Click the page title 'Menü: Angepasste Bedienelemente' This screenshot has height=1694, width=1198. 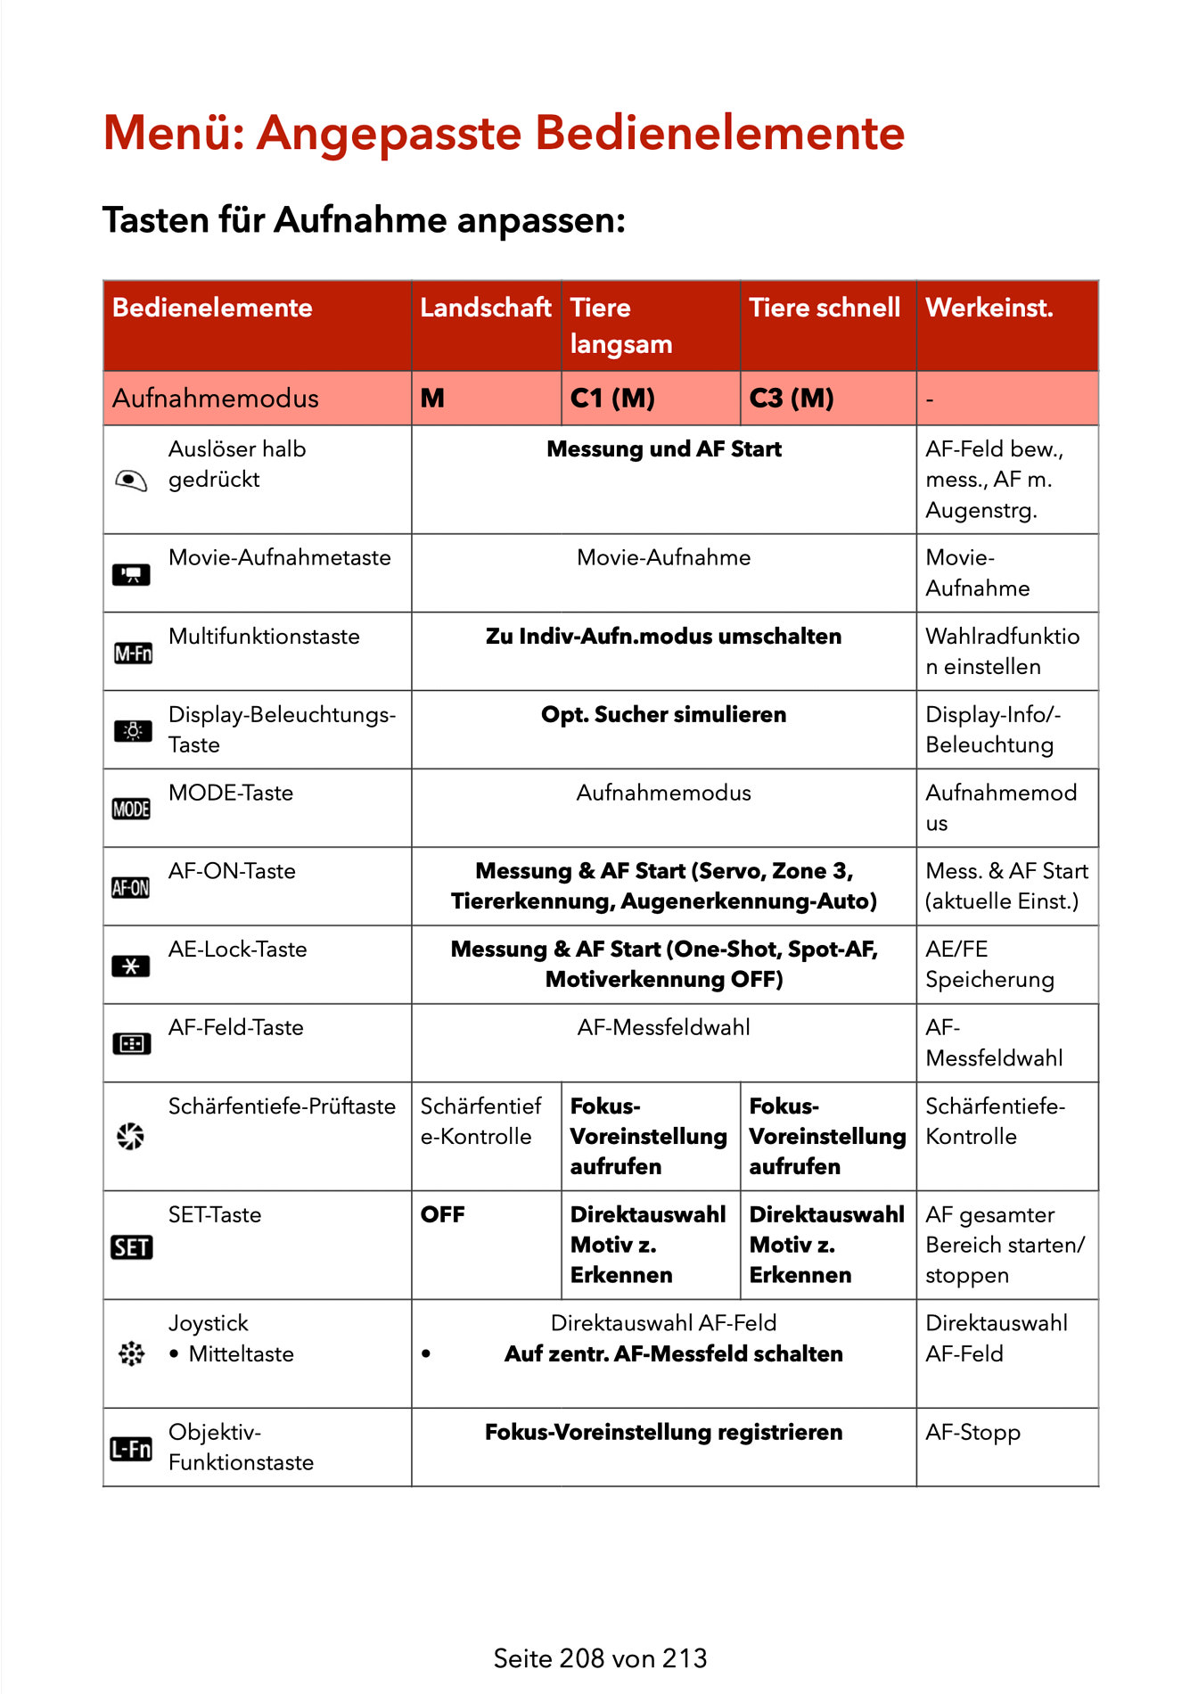pos(504,134)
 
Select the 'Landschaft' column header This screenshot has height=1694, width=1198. pos(486,308)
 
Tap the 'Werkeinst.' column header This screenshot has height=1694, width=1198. pos(989,308)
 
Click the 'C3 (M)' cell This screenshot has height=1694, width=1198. pos(792,399)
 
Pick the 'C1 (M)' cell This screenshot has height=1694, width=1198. pos(612,399)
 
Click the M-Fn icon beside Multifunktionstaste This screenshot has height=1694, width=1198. pos(133,654)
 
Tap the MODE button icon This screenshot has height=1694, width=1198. pos(131,810)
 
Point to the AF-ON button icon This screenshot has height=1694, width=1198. pos(131,888)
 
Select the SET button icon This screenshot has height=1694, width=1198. pos(131,1247)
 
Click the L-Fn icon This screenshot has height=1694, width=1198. pos(131,1450)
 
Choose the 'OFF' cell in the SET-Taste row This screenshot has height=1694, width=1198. pos(443,1215)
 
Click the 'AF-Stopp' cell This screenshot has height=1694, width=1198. pos(972,1433)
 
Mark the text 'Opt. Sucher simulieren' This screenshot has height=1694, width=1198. pos(664,715)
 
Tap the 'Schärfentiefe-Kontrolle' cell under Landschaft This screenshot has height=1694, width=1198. pos(480,1122)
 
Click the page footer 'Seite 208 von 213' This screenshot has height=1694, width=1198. pos(600,1658)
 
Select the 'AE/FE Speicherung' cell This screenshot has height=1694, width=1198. pos(989,965)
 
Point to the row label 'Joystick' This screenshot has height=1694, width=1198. pos(209,1324)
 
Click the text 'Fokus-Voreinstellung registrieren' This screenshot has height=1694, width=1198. pos(664,1433)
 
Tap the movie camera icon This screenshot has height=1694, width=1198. pos(131,575)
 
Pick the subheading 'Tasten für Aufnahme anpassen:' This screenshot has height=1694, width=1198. pos(364,220)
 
